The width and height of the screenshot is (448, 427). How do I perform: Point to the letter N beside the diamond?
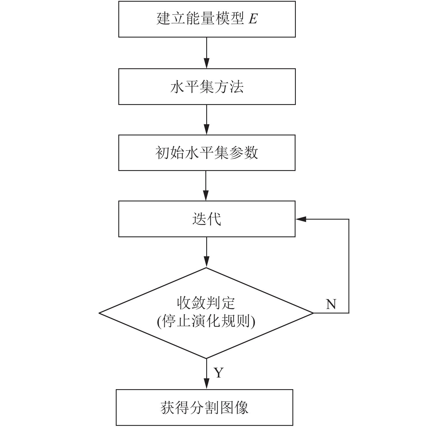331,304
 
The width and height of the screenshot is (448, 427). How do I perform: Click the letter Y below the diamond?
219,372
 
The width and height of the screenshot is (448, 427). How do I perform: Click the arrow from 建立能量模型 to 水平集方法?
207,53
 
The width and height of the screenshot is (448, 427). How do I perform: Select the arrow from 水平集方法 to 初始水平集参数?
207,120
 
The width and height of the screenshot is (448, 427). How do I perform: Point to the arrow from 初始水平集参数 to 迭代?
207,186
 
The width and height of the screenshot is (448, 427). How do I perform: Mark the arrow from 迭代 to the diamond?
207,252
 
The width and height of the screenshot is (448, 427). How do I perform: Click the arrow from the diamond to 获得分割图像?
207,374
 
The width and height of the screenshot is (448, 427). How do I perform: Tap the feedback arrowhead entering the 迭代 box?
301,219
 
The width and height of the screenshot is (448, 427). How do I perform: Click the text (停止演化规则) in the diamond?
206,322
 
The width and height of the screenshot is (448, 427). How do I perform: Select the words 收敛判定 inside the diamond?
206,303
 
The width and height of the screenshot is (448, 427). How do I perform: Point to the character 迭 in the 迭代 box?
199,219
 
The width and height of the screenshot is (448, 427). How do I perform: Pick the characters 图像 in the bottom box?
234,408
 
